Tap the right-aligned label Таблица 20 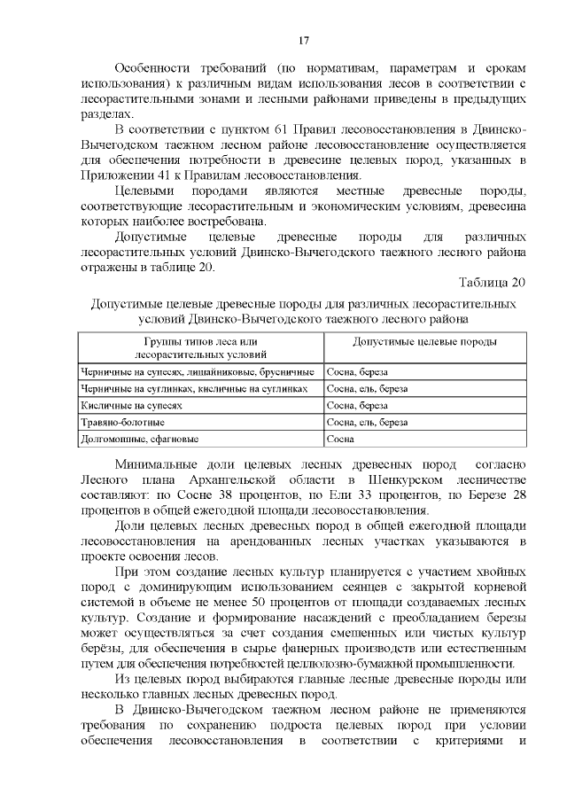pyautogui.click(x=493, y=282)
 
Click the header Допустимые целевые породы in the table pyautogui.click(x=412, y=341)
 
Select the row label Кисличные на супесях pyautogui.click(x=131, y=404)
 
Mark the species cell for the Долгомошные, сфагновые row pyautogui.click(x=340, y=438)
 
